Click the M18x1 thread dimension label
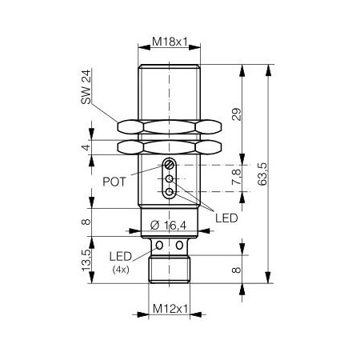170,42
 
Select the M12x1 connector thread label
170,309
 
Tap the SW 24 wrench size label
86,87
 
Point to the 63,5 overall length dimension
262,174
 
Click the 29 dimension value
237,114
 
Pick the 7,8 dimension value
237,177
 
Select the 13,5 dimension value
86,260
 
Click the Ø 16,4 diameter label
168,226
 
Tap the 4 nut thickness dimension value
86,147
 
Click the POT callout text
114,182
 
